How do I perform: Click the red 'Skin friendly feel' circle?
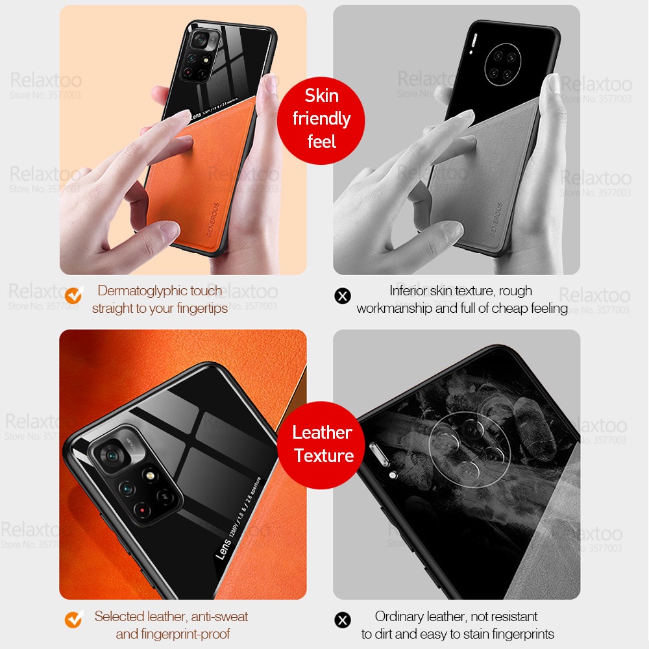pos(321,118)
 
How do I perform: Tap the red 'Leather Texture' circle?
pos(322,445)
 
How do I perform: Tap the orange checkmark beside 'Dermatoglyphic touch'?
pos(73,295)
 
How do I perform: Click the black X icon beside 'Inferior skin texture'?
pos(342,296)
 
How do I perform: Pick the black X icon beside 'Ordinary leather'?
pos(342,620)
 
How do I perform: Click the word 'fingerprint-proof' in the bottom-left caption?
pos(183,633)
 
